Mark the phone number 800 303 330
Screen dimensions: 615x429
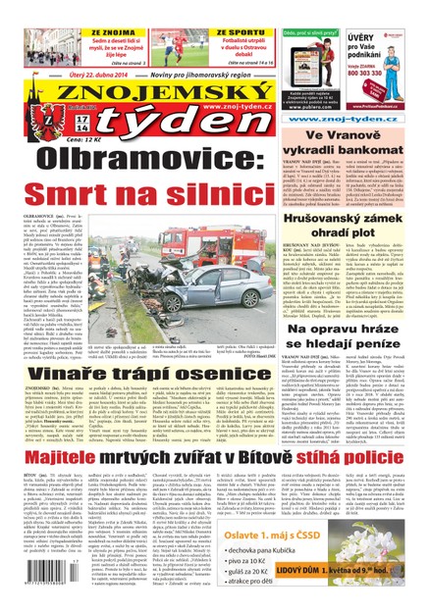[x=393, y=72]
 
